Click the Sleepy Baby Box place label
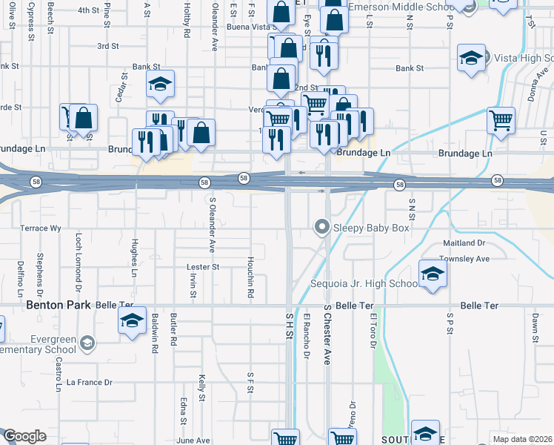point(371,228)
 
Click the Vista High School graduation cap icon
point(471,58)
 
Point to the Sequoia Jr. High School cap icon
point(433,274)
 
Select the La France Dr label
point(89,383)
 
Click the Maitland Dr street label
point(464,243)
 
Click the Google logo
point(24,436)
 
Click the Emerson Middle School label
point(400,7)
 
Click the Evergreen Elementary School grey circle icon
point(88,343)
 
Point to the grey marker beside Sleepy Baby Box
point(321,227)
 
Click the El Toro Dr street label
point(373,330)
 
